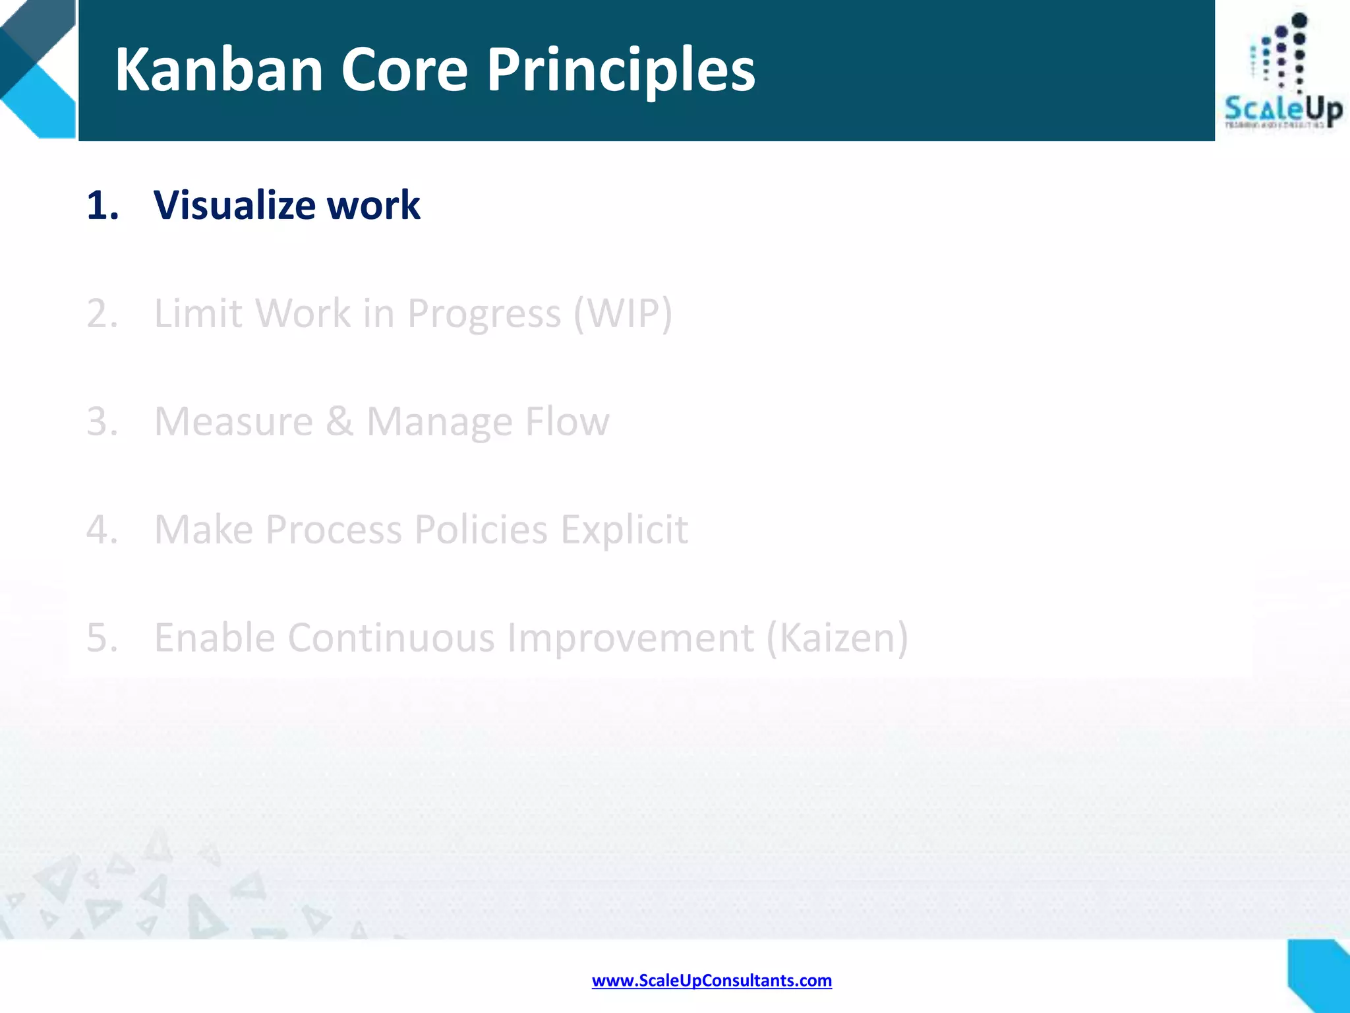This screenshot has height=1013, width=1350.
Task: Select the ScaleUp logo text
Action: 1282,109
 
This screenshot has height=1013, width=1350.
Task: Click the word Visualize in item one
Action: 234,205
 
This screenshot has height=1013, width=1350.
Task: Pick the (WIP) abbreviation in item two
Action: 623,313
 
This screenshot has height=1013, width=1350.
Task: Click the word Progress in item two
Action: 484,313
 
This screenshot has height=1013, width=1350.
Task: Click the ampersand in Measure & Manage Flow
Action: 339,421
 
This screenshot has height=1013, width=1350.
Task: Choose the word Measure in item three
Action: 233,421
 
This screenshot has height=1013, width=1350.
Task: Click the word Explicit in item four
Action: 624,530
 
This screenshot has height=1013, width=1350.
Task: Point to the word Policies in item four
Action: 481,530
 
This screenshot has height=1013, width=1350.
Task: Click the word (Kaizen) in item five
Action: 837,638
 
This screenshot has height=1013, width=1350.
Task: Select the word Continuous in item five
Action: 391,638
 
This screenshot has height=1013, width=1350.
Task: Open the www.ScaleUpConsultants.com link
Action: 711,981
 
